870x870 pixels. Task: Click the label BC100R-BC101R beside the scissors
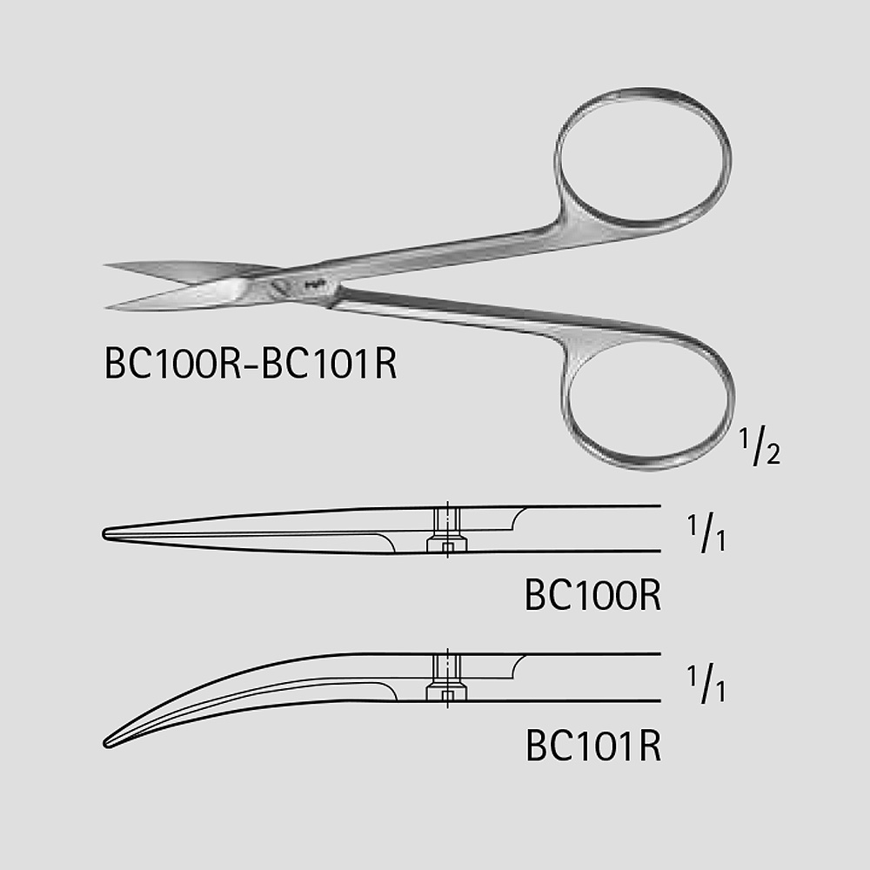251,364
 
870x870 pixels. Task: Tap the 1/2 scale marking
760,446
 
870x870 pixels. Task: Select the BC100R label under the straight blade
592,595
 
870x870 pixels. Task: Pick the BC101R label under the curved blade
593,746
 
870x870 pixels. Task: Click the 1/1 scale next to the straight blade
706,533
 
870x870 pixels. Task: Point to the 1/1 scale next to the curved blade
706,684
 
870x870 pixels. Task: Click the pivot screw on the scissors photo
279,287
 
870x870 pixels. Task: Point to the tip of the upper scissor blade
105,265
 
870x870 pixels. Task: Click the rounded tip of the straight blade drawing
104,534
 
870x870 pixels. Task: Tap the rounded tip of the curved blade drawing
106,744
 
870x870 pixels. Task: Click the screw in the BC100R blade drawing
447,530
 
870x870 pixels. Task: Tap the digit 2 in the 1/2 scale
773,454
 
